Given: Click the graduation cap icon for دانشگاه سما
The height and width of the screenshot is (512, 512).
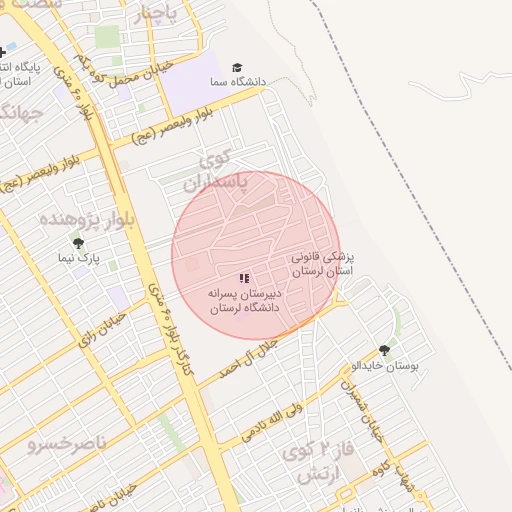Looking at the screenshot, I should pyautogui.click(x=237, y=67).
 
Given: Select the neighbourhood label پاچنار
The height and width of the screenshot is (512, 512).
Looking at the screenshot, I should pyautogui.click(x=156, y=14).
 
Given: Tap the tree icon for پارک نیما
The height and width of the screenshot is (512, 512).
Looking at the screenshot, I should pyautogui.click(x=78, y=243).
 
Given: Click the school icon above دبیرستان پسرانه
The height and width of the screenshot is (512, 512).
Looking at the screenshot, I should pyautogui.click(x=244, y=278).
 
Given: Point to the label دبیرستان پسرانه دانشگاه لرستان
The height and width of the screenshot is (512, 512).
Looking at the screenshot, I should pyautogui.click(x=244, y=301).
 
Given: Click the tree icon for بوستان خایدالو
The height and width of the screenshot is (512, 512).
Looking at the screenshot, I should pyautogui.click(x=384, y=351).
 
